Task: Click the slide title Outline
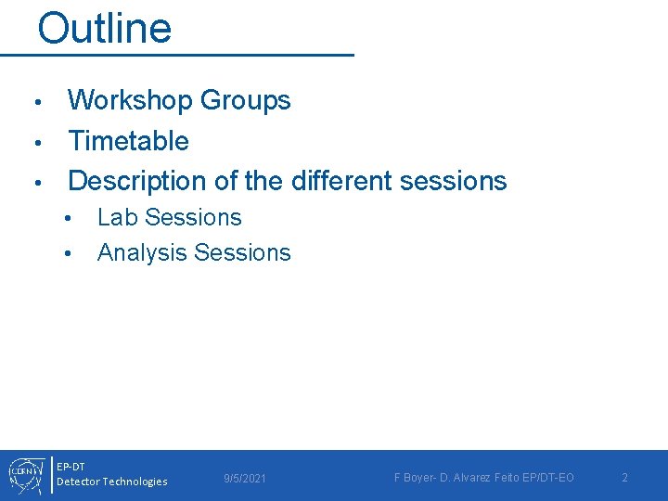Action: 104,28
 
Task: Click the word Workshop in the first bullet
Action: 129,100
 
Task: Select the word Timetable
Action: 128,141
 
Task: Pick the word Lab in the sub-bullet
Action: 115,218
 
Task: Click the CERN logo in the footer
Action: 23,474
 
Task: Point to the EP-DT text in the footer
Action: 71,466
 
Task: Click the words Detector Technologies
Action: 112,482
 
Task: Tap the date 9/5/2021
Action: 245,478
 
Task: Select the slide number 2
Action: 624,478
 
